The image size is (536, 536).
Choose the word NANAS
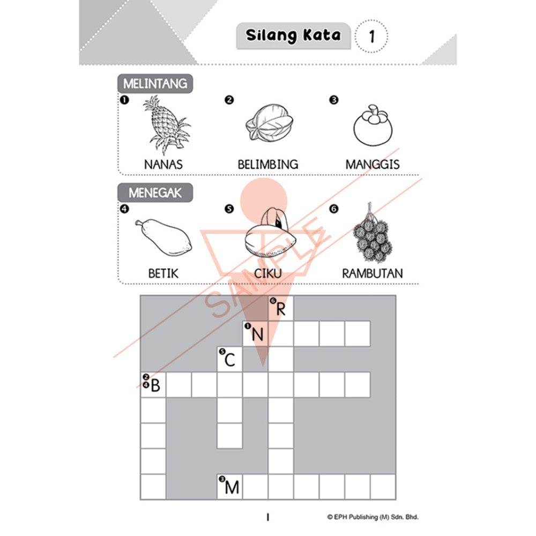pos(163,164)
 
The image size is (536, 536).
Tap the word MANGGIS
pos(372,164)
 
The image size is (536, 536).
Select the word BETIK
pos(163,273)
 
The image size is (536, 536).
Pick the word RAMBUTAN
pos(372,273)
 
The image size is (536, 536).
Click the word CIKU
pos(268,273)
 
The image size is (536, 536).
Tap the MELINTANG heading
pos(155,84)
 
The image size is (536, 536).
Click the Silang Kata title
pos(293,36)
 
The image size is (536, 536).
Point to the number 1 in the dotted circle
pos(371,37)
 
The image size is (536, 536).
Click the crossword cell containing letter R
pos(281,308)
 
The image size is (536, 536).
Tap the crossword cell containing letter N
pos(256,334)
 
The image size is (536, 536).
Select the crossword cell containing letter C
pos(229,359)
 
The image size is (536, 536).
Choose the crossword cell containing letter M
pos(229,487)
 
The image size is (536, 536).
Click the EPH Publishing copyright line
pos(373,517)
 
